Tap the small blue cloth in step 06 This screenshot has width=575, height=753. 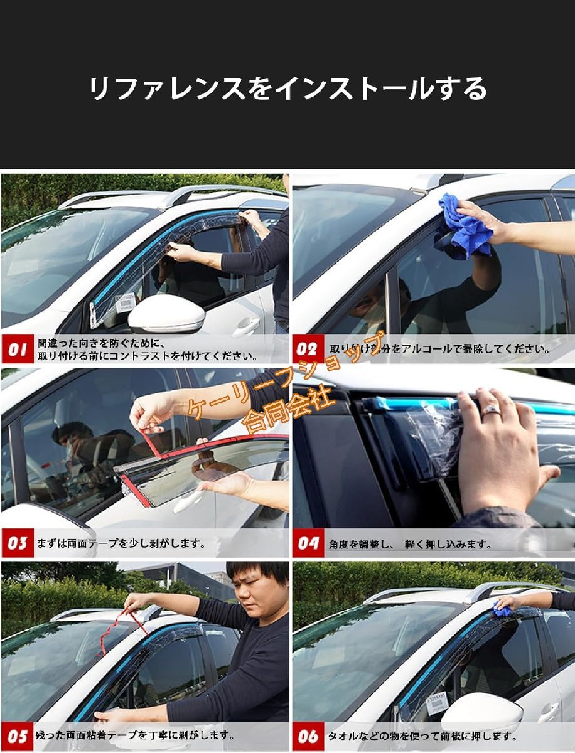click(502, 609)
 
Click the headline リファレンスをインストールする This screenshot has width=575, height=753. click(287, 88)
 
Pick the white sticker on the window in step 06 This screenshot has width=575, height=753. click(437, 703)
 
